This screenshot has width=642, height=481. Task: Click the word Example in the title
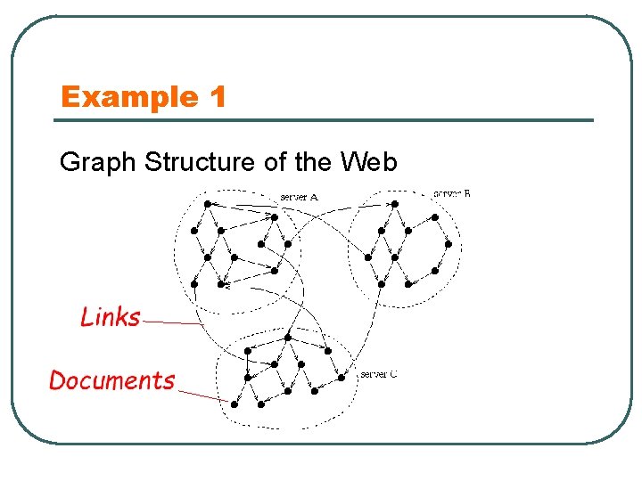pyautogui.click(x=129, y=96)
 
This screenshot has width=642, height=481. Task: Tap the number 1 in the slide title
pyautogui.click(x=218, y=96)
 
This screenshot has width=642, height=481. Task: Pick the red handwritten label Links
pyautogui.click(x=110, y=317)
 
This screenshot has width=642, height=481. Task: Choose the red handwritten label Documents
pyautogui.click(x=112, y=381)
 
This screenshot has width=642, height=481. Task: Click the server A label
pyautogui.click(x=299, y=196)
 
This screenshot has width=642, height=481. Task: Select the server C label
pyautogui.click(x=378, y=374)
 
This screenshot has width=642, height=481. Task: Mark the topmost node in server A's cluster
pyautogui.click(x=207, y=204)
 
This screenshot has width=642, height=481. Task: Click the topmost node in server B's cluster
pyautogui.click(x=395, y=204)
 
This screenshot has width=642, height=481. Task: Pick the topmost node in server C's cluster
pyautogui.click(x=287, y=338)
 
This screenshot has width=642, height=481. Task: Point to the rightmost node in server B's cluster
pyautogui.click(x=449, y=243)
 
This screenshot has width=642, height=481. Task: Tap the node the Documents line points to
pyautogui.click(x=234, y=404)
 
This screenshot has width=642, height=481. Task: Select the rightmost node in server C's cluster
pyautogui.click(x=342, y=377)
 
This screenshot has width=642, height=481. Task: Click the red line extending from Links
pyautogui.click(x=174, y=322)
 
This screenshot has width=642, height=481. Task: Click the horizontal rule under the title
pyautogui.click(x=325, y=120)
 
